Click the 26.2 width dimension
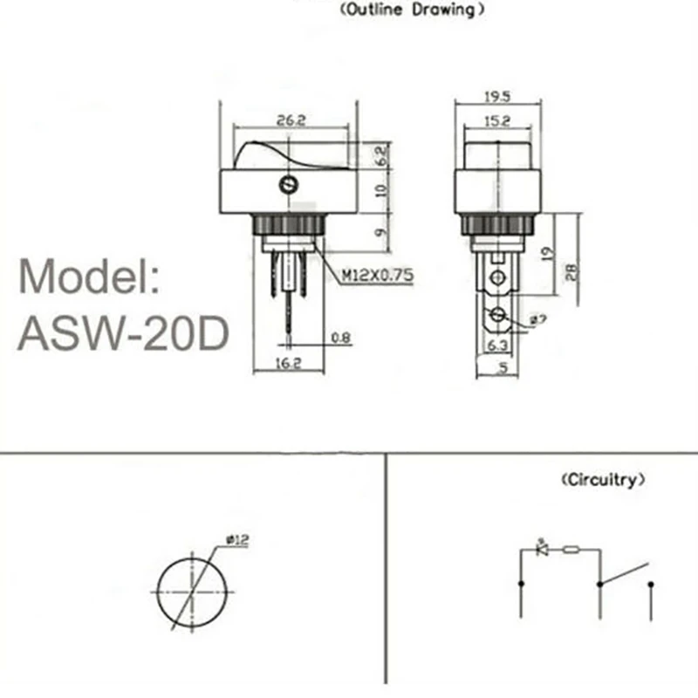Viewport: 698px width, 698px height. point(290,121)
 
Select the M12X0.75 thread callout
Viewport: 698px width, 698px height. point(377,277)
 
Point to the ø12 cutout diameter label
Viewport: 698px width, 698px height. point(237,540)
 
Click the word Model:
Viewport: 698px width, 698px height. point(89,277)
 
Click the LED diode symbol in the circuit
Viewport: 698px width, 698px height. point(542,550)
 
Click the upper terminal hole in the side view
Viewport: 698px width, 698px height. point(497,279)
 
